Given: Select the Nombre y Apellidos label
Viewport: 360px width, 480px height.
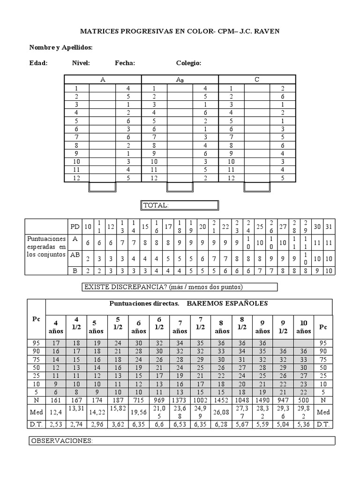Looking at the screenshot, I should pyautogui.click(x=61, y=47).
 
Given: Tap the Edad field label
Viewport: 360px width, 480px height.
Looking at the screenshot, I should pyautogui.click(x=38, y=63).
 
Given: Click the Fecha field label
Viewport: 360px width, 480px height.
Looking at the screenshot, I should pyautogui.click(x=125, y=63).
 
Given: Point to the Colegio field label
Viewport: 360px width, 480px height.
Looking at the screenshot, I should pyautogui.click(x=189, y=63).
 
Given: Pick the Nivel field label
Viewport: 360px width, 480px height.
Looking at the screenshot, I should pyautogui.click(x=81, y=63).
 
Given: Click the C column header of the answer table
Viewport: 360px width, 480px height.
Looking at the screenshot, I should pyautogui.click(x=257, y=79).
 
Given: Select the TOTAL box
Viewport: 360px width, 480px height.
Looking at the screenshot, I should pyautogui.click(x=180, y=205).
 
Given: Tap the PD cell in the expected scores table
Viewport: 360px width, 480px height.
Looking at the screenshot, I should pyautogui.click(x=74, y=226).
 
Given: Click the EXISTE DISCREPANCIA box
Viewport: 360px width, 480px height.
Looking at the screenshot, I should pyautogui.click(x=180, y=287).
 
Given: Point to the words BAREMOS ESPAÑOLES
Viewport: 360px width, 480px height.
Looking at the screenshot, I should pyautogui.click(x=227, y=303).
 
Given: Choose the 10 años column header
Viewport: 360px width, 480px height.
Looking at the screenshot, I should pyautogui.click(x=304, y=327).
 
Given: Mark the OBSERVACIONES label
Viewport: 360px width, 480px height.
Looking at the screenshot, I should pyautogui.click(x=62, y=441).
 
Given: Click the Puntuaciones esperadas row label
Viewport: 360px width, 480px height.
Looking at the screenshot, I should pyautogui.click(x=46, y=247).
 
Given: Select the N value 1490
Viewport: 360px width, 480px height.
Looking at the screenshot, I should pyautogui.click(x=262, y=401).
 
